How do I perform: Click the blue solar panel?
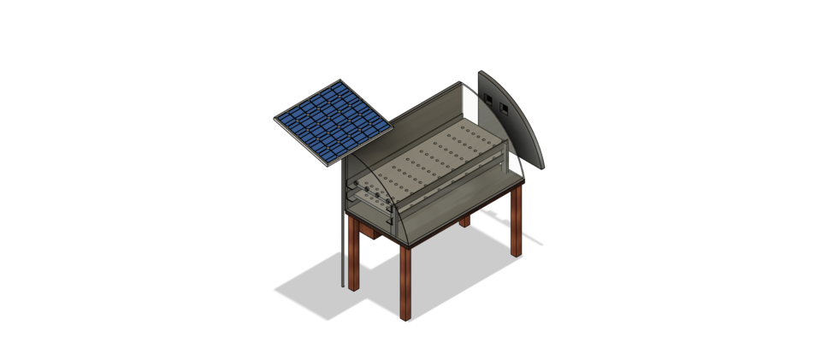[333, 121]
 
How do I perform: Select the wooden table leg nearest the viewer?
[405, 282]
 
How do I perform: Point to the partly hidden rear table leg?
[464, 221]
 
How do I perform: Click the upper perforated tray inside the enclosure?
[436, 158]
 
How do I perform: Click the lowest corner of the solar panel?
[328, 167]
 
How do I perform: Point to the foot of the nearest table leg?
[406, 316]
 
